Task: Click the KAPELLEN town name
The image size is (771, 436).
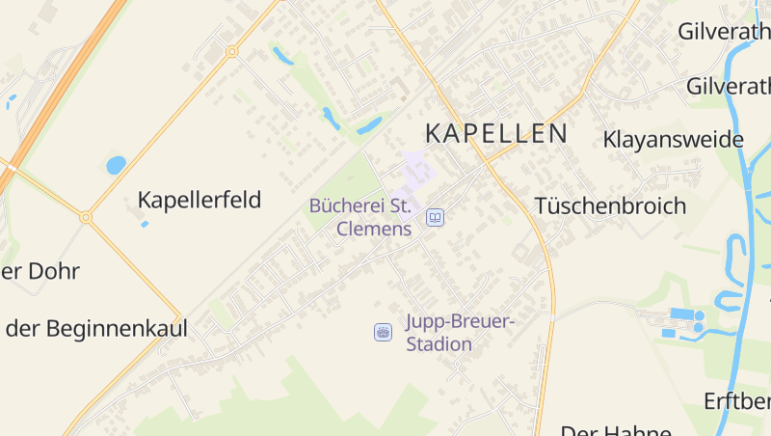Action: click(x=496, y=133)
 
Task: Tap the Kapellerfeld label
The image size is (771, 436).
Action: click(x=199, y=201)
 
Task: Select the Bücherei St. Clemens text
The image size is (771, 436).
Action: click(x=360, y=217)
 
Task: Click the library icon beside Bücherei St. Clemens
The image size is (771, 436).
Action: click(x=435, y=218)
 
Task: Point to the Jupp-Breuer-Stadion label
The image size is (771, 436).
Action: click(x=461, y=333)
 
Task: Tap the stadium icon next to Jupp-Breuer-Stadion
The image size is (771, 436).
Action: click(x=383, y=332)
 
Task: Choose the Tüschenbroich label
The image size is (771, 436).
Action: click(x=610, y=205)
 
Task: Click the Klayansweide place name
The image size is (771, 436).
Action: click(x=674, y=140)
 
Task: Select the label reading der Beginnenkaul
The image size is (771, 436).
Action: click(x=96, y=328)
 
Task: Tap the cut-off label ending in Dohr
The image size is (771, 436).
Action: click(x=40, y=271)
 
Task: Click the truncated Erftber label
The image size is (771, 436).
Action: click(x=737, y=400)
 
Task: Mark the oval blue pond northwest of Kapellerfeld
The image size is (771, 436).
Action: click(x=116, y=165)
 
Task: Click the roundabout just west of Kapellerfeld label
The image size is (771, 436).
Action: click(x=86, y=218)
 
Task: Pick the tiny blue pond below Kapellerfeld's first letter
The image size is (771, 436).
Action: click(x=145, y=224)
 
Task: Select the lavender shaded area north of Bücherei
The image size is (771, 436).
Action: click(x=417, y=170)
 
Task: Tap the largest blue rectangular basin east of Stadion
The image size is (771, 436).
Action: click(x=680, y=314)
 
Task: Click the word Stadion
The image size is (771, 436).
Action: click(x=439, y=344)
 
